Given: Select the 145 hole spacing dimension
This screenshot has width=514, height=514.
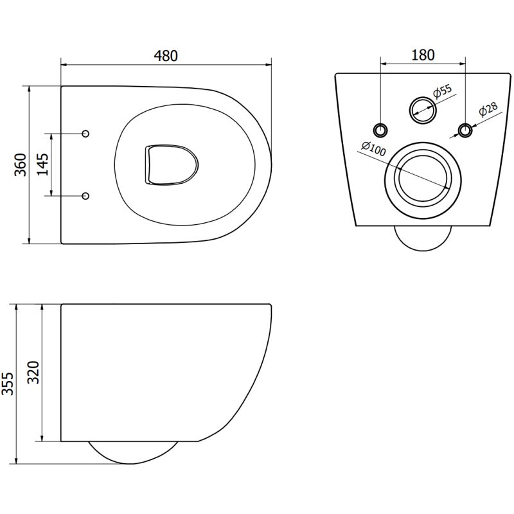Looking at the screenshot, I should (43, 164).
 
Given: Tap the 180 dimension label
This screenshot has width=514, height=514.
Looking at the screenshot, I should (423, 55).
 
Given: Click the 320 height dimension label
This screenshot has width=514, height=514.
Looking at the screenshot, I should (33, 373).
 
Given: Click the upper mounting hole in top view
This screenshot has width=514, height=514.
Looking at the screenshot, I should (86, 133).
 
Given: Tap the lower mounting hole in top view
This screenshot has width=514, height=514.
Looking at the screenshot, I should (86, 195).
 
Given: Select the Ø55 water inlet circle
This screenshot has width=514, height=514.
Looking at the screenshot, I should (423, 109).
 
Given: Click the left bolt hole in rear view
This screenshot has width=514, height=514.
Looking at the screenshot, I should (382, 129).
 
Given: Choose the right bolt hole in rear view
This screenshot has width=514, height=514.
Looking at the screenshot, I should (465, 130).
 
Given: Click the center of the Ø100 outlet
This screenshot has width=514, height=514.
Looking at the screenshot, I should (423, 179).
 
